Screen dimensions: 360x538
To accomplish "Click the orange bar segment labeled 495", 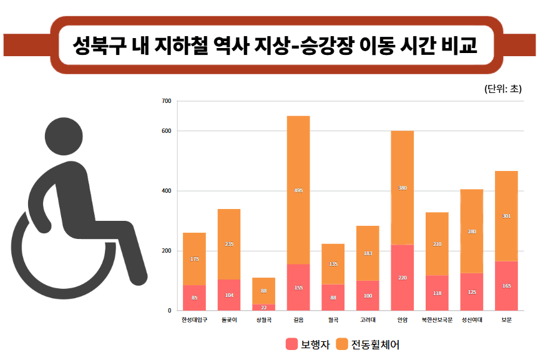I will (x=298, y=190).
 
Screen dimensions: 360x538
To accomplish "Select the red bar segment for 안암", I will (x=403, y=277).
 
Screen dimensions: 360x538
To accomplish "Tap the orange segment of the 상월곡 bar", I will (x=263, y=291).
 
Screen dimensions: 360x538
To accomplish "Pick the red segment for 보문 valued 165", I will (x=506, y=285).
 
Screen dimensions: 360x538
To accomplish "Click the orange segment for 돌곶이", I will (x=229, y=244).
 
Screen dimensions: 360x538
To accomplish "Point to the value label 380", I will (x=403, y=188).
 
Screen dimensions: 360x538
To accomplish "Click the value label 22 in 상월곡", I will (x=263, y=307).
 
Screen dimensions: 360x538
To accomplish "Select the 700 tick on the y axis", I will (x=166, y=101).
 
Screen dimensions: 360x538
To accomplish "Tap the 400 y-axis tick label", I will (x=166, y=191).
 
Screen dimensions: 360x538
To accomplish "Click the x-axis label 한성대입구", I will (x=194, y=320).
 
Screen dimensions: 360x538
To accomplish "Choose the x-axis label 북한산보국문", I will (x=437, y=320).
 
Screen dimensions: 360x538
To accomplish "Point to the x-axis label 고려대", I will (x=368, y=320).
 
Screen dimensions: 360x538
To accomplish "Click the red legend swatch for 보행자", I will (x=291, y=344).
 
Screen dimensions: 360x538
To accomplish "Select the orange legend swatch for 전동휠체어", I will (x=341, y=344).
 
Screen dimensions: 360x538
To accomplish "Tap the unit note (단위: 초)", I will (x=502, y=89).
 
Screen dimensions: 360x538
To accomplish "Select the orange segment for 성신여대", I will (x=472, y=231).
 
